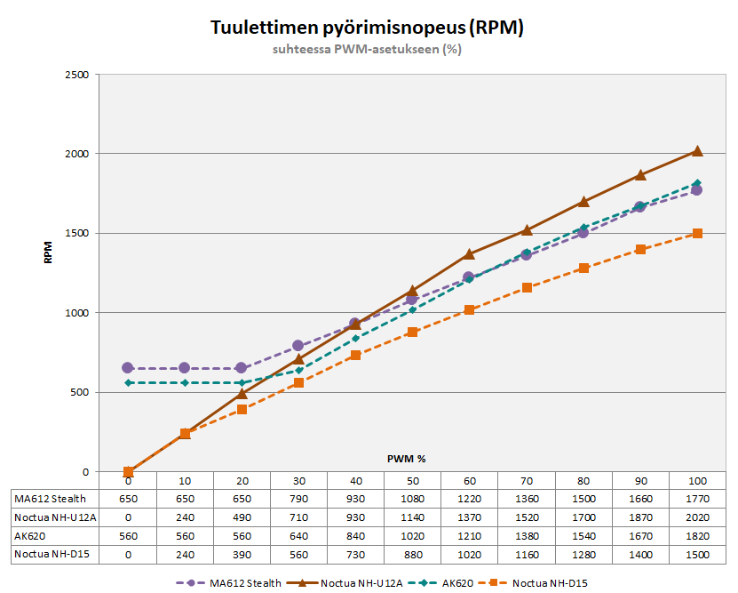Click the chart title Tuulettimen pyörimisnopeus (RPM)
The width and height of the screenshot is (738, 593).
tap(367, 28)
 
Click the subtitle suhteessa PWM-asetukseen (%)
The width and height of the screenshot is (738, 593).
tap(367, 50)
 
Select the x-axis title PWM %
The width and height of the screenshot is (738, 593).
tap(406, 459)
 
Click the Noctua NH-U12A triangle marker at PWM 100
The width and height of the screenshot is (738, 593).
tap(697, 151)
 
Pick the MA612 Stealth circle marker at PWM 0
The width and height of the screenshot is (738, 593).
tap(128, 368)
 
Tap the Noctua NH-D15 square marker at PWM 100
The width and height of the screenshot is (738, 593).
tap(697, 234)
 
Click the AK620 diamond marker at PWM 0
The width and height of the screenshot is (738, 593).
tap(128, 382)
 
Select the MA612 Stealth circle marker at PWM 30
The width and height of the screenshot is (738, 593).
tap(298, 346)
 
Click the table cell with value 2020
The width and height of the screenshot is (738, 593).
tap(697, 517)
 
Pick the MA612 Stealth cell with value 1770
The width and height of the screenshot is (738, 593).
tap(697, 498)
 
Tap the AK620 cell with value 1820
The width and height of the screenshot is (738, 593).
tap(697, 536)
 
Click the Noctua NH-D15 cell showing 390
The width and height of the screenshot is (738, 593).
tap(242, 555)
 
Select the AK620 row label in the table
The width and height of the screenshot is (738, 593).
tap(30, 536)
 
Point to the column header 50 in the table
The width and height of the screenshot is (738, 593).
tap(412, 480)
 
